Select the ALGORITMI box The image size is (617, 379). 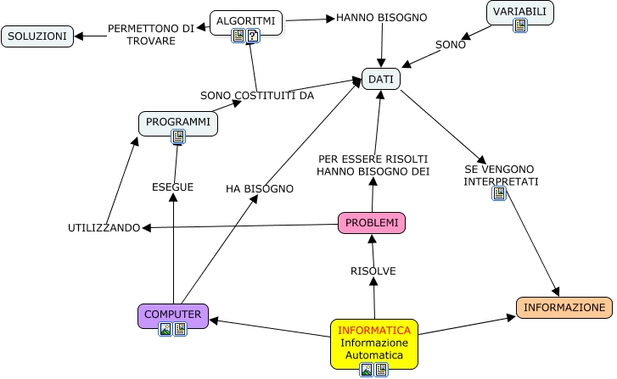[245, 20]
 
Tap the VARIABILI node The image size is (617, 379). [520, 12]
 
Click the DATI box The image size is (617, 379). [381, 79]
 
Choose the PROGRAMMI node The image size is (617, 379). [178, 122]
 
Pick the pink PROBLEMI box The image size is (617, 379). [372, 223]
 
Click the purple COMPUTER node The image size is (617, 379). [173, 314]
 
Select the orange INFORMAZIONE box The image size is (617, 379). [564, 307]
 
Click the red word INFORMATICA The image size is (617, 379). [374, 330]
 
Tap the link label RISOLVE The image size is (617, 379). [373, 270]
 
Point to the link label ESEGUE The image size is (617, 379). [172, 187]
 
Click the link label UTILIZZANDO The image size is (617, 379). [104, 228]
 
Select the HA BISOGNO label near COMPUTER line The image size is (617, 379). [260, 188]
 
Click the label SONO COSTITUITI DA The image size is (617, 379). [257, 95]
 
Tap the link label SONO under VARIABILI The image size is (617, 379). [451, 45]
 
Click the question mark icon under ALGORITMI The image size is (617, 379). [253, 36]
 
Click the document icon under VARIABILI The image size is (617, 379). [520, 26]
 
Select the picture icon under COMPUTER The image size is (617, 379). [165, 329]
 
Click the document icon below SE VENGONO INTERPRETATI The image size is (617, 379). [499, 193]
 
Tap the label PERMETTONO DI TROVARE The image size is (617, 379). [151, 35]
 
